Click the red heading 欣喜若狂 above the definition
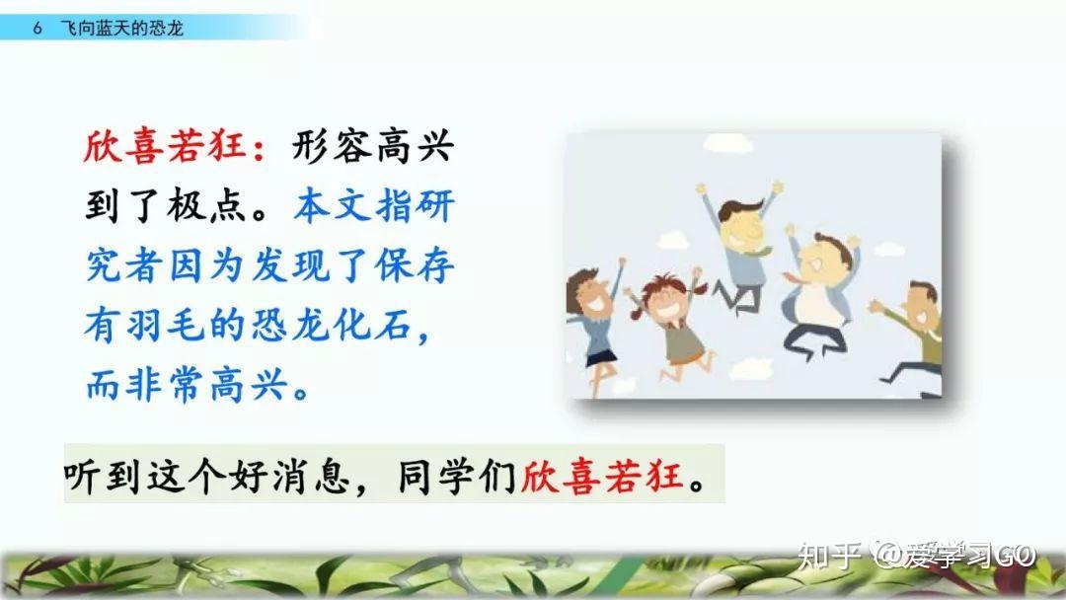tap(165, 146)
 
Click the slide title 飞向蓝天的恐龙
tap(121, 28)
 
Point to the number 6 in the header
tap(38, 28)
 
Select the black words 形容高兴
tap(373, 146)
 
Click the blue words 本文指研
tap(375, 206)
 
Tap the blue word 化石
tap(373, 326)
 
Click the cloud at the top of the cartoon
tap(728, 143)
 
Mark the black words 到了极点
tap(166, 206)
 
